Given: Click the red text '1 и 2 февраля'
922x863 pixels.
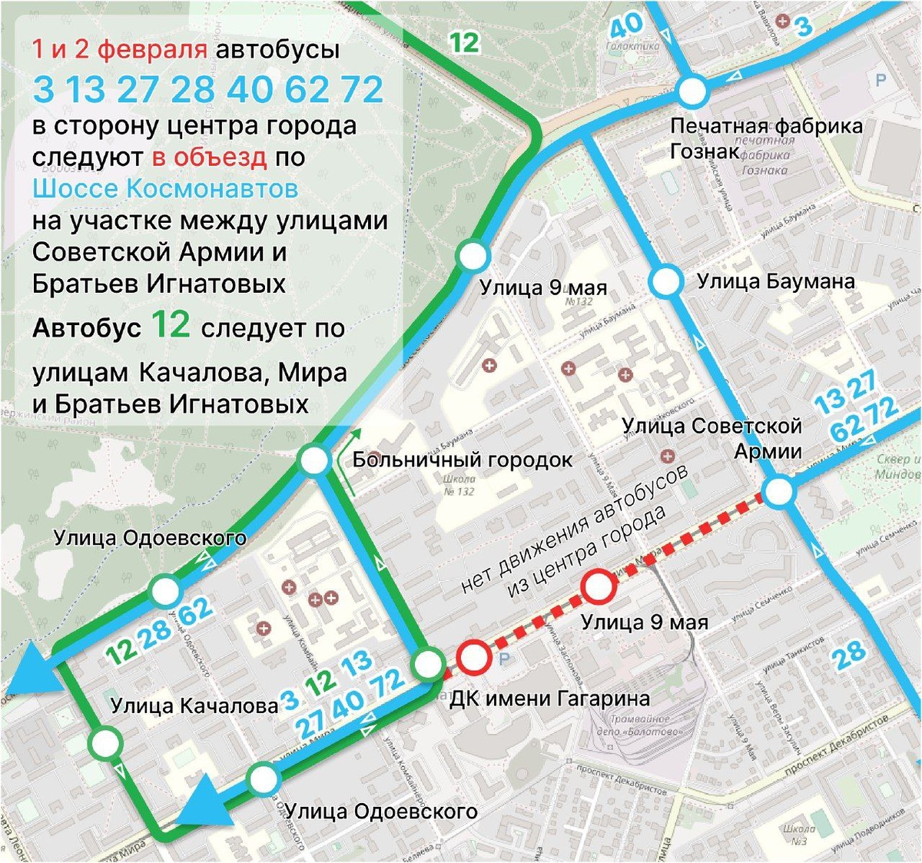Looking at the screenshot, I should coord(119,50).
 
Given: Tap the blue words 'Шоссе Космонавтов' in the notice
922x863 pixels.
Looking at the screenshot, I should coord(165,189).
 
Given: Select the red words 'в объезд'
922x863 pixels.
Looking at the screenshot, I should coord(209,158).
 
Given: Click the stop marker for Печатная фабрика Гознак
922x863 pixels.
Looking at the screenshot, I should coord(693,91).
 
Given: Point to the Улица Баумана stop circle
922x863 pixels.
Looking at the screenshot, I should coord(665,281).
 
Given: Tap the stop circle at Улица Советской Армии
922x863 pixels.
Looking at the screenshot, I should coord(779,493).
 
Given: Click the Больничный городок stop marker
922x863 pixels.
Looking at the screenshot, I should coord(314,462).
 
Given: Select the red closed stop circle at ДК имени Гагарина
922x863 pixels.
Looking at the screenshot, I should coord(474,658).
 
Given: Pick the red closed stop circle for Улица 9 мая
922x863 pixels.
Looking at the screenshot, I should coord(599,588).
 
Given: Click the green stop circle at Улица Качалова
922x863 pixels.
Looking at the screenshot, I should coord(104,744).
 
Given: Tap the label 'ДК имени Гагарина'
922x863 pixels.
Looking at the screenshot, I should coord(549,699).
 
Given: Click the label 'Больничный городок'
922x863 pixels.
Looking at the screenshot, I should coord(462,460).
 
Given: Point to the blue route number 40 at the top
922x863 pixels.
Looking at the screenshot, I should coord(625,25).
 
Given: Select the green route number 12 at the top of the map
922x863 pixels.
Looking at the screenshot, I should coord(464,41).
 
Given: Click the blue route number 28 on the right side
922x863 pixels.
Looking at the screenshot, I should coord(849,656).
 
